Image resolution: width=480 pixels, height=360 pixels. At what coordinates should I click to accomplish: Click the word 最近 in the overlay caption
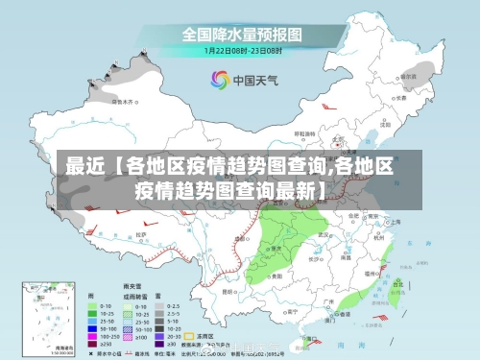(83, 166)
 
